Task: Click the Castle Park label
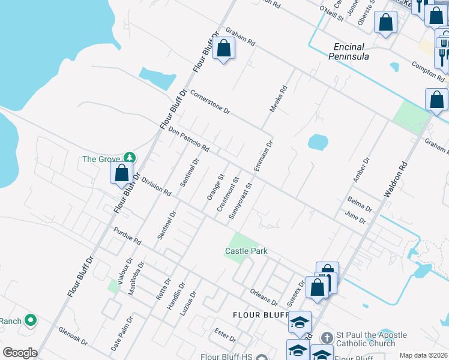[246, 251]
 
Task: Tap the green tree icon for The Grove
[129, 158]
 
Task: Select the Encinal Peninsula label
[349, 51]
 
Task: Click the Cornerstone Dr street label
[210, 102]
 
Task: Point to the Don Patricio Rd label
[188, 139]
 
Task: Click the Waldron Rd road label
[397, 181]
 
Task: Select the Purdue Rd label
[127, 236]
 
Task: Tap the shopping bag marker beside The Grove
[122, 173]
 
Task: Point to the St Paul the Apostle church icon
[327, 337]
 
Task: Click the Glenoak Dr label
[73, 337]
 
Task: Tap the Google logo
[20, 353]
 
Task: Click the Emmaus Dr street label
[263, 156]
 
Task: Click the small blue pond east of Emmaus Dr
[318, 142]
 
